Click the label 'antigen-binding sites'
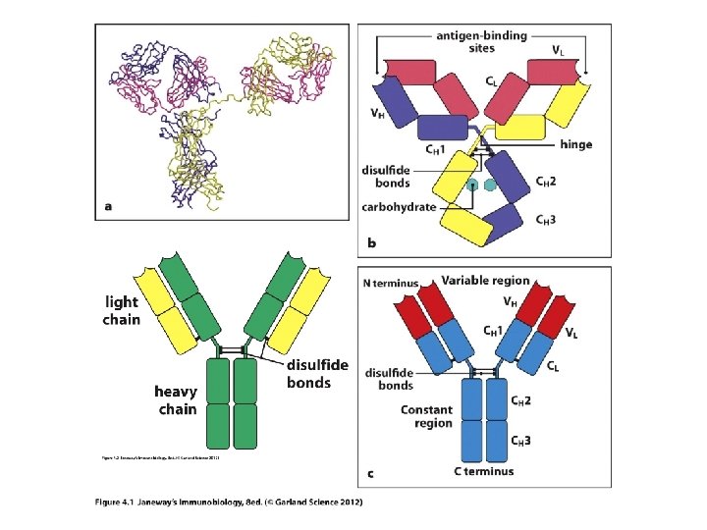point(481,41)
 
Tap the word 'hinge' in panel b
point(575,144)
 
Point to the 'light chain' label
point(122,311)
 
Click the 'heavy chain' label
point(177,400)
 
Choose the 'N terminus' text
point(390,284)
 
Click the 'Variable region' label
point(485,281)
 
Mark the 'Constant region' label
point(426,416)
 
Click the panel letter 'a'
point(108,206)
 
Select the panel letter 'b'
point(371,241)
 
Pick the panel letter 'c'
point(370,474)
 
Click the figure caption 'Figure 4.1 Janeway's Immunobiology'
point(229,503)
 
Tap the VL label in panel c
point(571,333)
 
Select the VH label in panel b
point(376,113)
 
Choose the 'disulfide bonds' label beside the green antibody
point(316,373)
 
